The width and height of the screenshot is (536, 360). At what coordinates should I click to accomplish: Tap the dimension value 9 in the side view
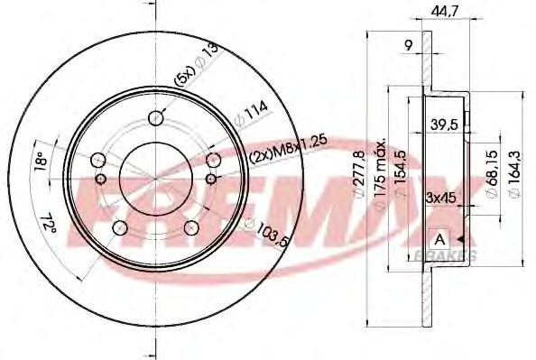tap(409, 43)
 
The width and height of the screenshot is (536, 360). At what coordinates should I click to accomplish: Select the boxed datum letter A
tap(439, 238)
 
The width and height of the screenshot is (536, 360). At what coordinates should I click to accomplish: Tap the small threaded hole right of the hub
tap(214, 161)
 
